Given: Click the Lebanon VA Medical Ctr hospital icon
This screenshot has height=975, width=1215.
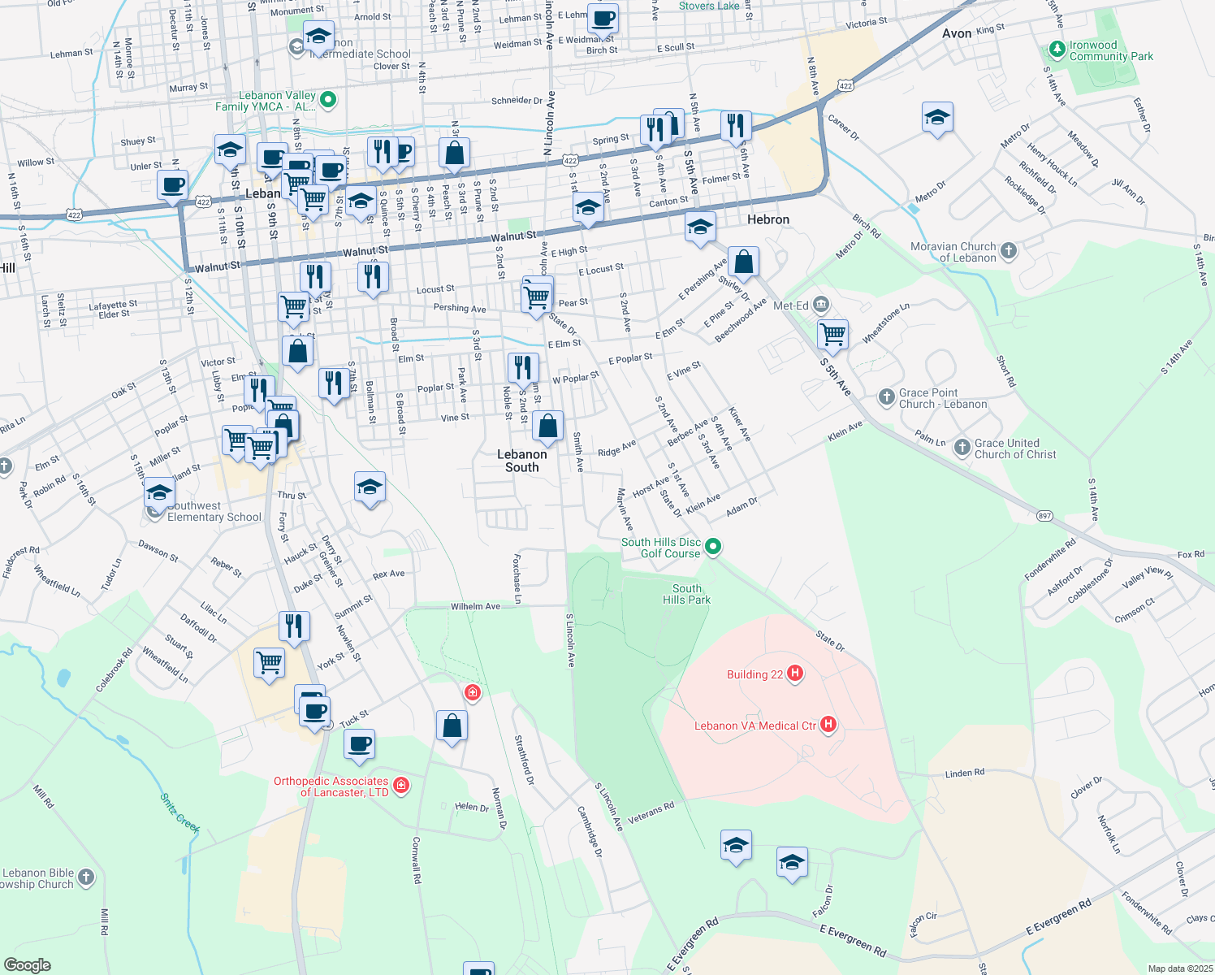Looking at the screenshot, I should (x=828, y=724).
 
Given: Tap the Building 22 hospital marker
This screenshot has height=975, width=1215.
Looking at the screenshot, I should (x=796, y=673).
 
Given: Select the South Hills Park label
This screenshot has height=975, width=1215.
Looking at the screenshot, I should (x=686, y=594).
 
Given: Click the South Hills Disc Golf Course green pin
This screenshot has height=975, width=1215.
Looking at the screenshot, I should (x=713, y=547).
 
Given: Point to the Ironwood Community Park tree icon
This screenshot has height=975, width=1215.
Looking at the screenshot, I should (x=1057, y=50).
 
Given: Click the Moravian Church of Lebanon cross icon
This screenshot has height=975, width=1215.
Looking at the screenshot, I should (x=1009, y=251).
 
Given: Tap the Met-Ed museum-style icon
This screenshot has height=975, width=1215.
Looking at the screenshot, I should (x=820, y=305).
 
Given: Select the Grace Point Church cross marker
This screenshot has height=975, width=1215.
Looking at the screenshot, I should (x=887, y=397).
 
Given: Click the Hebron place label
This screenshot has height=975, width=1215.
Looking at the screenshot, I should (x=767, y=219).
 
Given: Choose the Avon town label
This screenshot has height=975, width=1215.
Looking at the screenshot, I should (x=957, y=33).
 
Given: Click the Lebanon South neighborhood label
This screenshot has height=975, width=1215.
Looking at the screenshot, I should (x=521, y=461).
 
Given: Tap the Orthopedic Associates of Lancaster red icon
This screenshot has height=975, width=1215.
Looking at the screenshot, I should (x=400, y=785).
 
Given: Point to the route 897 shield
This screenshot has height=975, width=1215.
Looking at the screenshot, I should (x=1045, y=516).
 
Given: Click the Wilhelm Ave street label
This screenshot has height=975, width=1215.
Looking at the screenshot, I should (x=475, y=606).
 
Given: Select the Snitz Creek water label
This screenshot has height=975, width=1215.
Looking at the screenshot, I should (x=179, y=812).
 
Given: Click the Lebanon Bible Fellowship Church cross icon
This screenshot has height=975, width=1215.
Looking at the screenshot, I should (x=87, y=877).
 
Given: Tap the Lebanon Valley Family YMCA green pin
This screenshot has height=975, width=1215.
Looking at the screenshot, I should (x=328, y=101).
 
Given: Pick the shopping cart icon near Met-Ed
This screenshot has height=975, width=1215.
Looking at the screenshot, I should (x=833, y=333).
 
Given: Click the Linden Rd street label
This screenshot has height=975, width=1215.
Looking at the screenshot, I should (x=964, y=773).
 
